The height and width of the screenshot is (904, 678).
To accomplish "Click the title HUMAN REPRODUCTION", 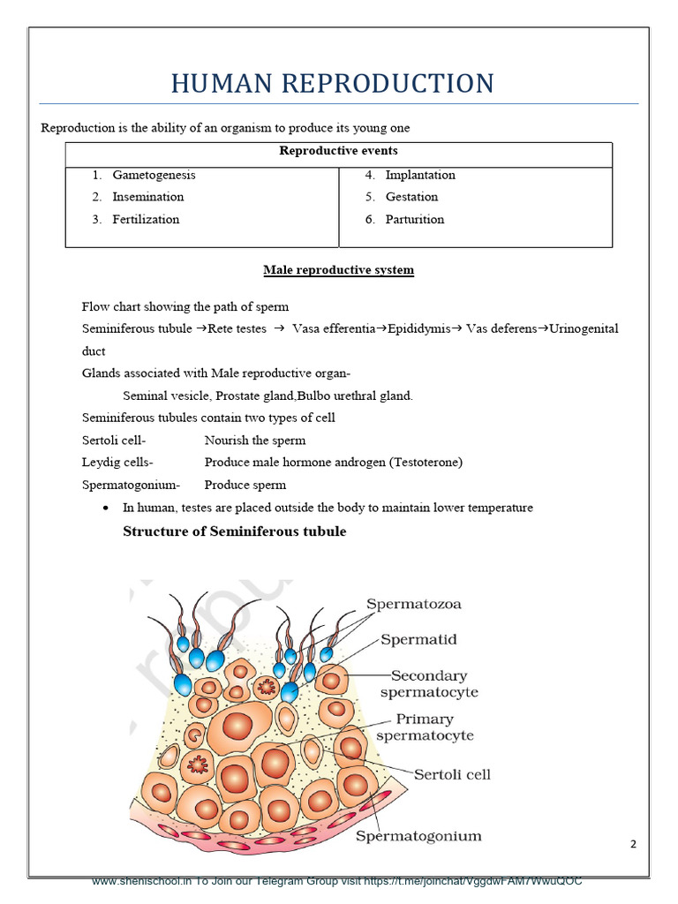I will click(332, 84).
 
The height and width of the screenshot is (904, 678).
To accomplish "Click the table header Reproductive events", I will click(338, 151).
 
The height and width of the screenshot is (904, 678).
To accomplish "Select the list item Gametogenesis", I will click(154, 175).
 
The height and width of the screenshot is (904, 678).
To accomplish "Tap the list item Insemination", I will click(147, 197).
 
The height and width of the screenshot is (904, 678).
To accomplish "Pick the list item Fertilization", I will click(146, 219).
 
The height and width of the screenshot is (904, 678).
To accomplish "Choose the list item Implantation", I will click(420, 175).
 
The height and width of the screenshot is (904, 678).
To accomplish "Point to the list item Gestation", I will click(411, 197).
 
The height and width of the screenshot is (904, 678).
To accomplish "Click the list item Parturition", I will click(415, 219).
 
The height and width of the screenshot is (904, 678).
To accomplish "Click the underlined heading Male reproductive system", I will click(338, 269).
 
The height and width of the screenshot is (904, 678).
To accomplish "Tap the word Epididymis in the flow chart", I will click(413, 328).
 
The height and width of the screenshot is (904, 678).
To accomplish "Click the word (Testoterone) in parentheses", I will click(426, 462).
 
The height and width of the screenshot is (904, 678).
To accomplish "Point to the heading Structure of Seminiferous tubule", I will click(234, 531).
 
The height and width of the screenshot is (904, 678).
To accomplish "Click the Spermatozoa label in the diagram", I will click(414, 605).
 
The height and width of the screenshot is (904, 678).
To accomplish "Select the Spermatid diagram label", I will click(418, 638).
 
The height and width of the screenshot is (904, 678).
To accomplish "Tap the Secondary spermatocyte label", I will click(429, 684).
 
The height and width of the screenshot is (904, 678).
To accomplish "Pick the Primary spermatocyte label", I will click(425, 727).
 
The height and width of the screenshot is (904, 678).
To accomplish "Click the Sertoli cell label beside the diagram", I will click(452, 774).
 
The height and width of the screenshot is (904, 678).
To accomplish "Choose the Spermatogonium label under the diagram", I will click(418, 835).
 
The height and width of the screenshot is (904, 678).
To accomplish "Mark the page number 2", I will click(633, 844).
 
